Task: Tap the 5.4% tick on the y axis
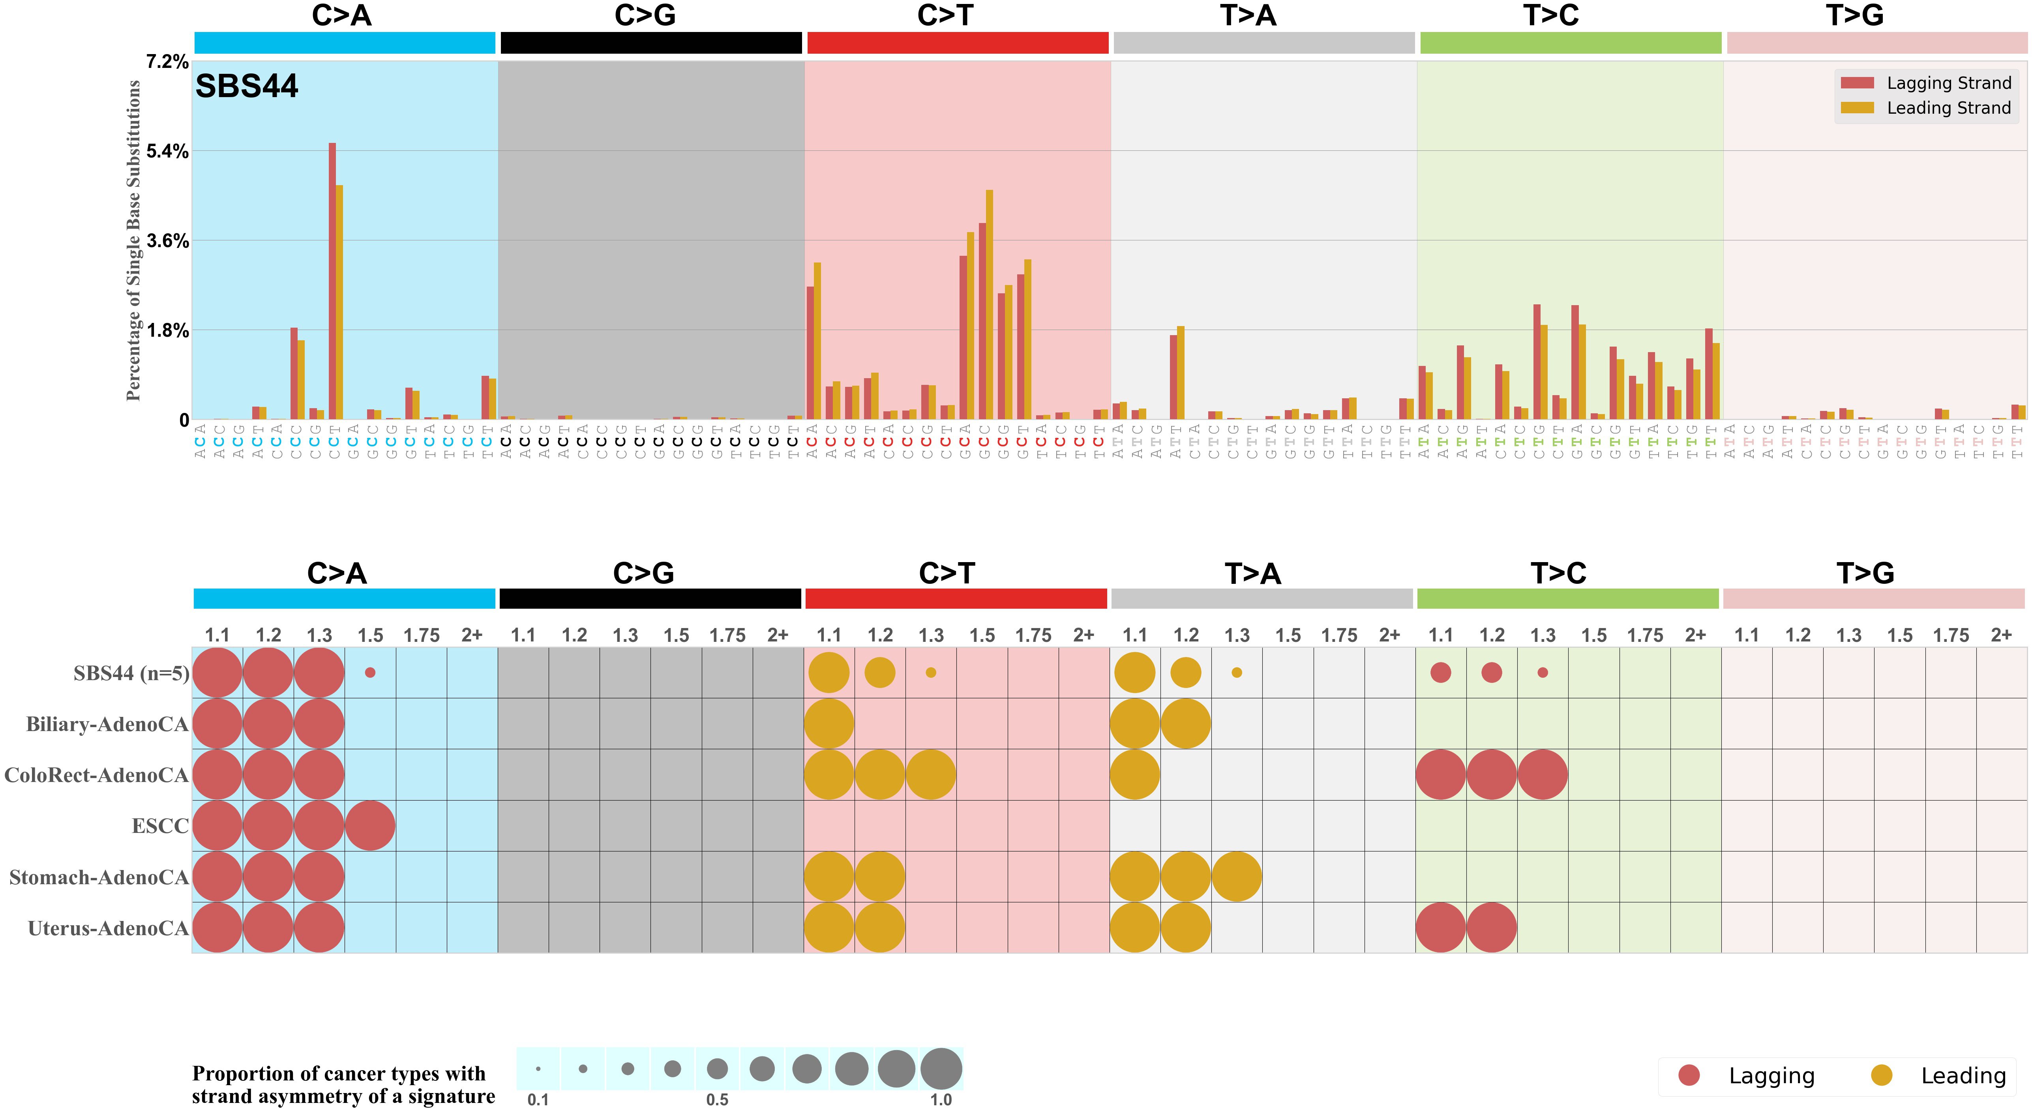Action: point(167,152)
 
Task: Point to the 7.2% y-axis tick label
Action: point(167,62)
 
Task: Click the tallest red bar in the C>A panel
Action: point(332,281)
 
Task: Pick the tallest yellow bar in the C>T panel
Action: point(989,304)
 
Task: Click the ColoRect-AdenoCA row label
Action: point(96,775)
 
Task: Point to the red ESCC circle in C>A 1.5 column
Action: point(370,826)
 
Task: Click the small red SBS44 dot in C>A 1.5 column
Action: point(370,673)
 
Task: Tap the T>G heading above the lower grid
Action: point(1865,573)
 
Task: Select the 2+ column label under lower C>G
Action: point(778,635)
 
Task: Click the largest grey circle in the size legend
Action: point(941,1069)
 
